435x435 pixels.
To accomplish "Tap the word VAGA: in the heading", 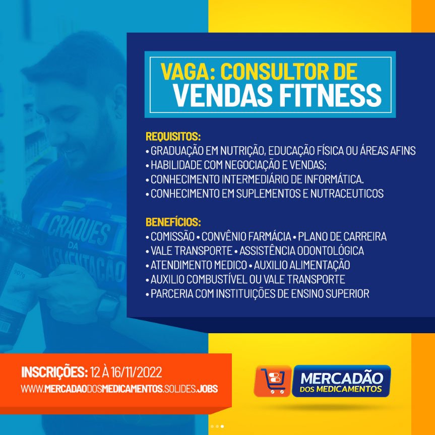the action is point(188,72).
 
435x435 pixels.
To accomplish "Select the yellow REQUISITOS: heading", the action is point(173,137).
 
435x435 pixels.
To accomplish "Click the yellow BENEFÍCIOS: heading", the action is point(173,222).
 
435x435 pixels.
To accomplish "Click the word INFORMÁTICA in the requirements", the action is point(334,179).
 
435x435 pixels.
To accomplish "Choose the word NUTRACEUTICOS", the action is point(347,194).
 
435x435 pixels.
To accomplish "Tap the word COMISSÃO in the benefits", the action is point(172,236).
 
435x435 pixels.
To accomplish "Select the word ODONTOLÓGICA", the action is point(331,251).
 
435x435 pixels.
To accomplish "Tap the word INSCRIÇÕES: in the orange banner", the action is point(54,372).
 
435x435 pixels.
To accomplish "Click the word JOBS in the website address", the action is point(207,389).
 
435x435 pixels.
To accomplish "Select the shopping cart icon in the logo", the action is point(273,381).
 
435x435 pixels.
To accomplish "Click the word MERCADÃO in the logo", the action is point(342,378).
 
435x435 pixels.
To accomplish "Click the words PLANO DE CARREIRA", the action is point(342,236).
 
